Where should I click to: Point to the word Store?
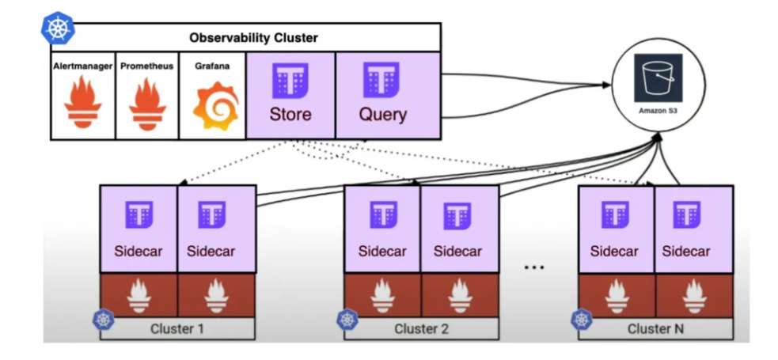click(x=290, y=114)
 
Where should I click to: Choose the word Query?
click(x=383, y=114)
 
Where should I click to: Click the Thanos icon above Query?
click(x=381, y=80)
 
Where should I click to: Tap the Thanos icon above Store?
click(x=290, y=80)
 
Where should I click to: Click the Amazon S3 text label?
click(x=657, y=112)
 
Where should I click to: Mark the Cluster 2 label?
click(x=421, y=328)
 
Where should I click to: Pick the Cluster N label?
click(x=655, y=328)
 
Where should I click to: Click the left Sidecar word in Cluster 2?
click(x=381, y=252)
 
